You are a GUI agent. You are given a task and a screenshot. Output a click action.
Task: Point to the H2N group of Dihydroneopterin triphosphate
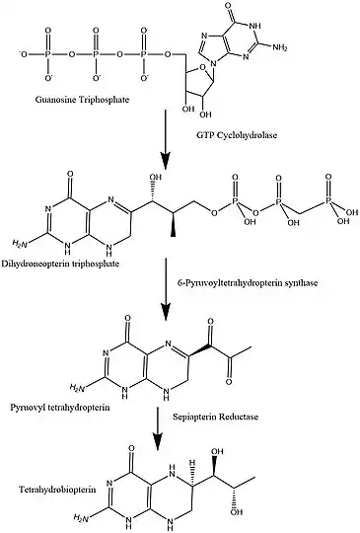[16, 241]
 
